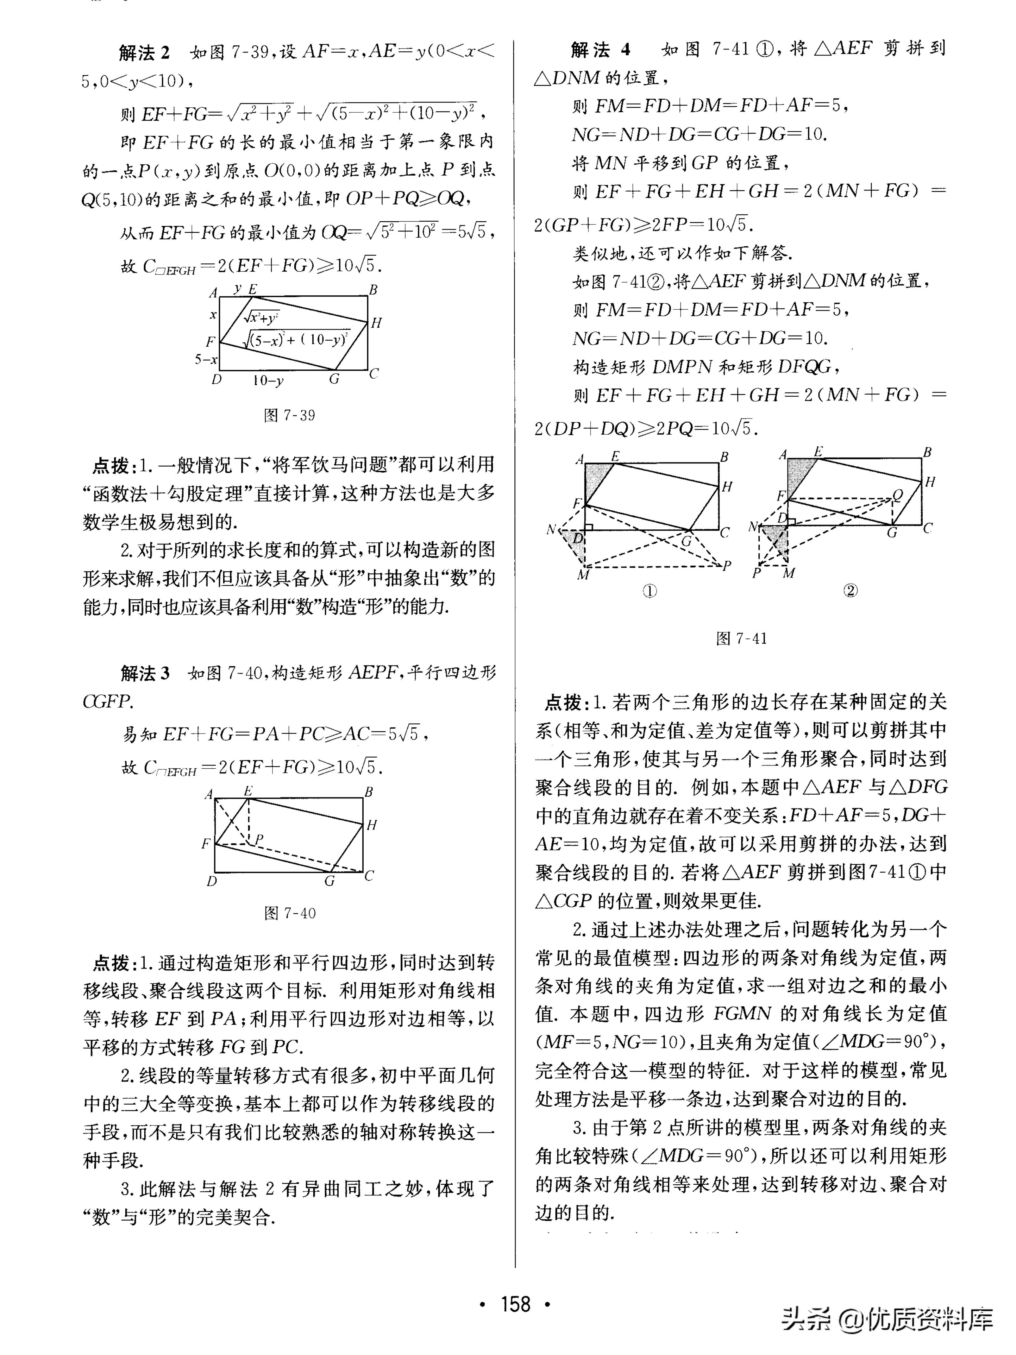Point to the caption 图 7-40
290,913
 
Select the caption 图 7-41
741,638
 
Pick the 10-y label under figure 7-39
268,381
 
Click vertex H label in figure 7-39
376,323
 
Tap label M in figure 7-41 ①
583,575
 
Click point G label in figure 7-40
329,881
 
